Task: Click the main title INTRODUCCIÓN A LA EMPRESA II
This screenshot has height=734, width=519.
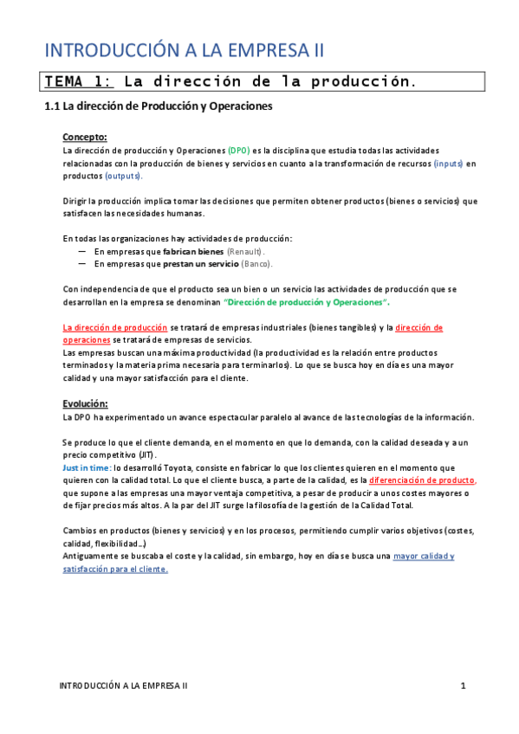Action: point(184,48)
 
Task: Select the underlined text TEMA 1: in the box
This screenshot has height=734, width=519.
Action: point(79,82)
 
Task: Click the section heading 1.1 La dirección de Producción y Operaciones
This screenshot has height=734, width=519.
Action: point(159,107)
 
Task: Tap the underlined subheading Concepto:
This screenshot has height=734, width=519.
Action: point(85,137)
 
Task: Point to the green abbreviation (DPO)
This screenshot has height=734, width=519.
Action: point(237,150)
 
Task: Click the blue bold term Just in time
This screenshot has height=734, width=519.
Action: point(87,467)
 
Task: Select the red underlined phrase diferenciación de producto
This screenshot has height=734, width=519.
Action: point(422,480)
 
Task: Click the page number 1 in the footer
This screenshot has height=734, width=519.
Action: point(464,686)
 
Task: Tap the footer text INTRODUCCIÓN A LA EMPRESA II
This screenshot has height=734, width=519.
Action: point(123,686)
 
